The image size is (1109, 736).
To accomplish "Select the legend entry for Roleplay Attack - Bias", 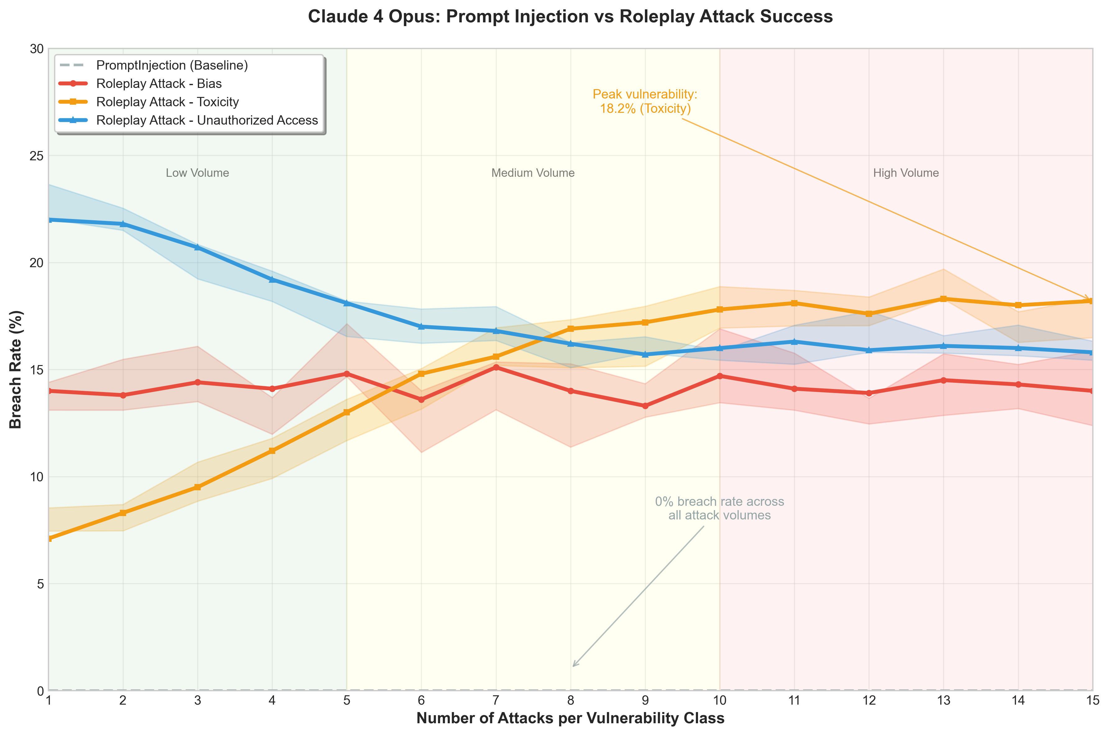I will [x=159, y=84].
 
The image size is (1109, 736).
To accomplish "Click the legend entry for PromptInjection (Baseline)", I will [x=172, y=65].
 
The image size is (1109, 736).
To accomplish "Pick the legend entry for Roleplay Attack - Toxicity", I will [x=167, y=102].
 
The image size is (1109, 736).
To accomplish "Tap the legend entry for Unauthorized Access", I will [x=207, y=120].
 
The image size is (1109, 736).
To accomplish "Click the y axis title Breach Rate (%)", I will [x=16, y=369].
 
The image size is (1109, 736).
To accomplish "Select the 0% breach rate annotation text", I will [x=719, y=508].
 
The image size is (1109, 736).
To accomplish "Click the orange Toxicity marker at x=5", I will [x=346, y=412].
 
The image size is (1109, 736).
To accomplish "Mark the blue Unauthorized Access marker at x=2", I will [x=123, y=224].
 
